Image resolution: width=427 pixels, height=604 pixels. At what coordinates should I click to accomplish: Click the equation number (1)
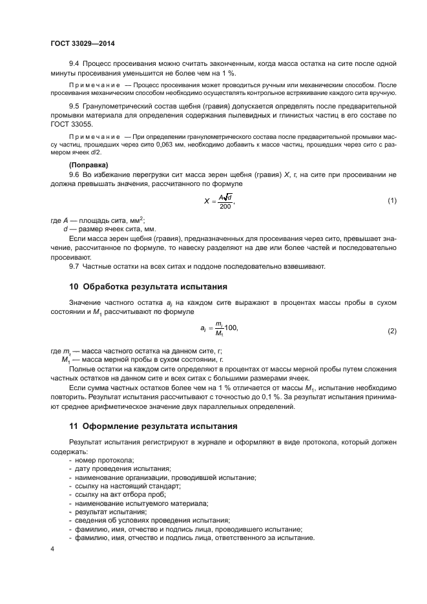point(391,201)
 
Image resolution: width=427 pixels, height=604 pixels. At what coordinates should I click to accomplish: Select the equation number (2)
point(391,331)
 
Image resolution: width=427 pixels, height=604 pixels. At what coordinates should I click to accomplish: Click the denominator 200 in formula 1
point(224,206)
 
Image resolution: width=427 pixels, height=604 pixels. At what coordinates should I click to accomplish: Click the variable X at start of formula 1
point(207,201)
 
